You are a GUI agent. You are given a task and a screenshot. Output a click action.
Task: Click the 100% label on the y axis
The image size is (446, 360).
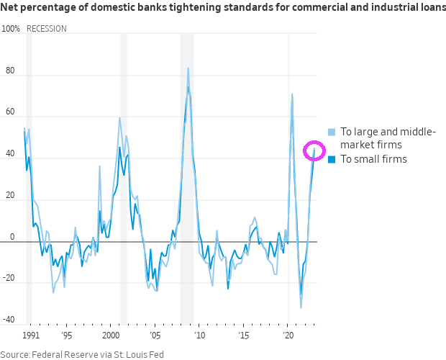click(11, 29)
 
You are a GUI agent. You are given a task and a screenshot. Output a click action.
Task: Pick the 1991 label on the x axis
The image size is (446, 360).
click(31, 336)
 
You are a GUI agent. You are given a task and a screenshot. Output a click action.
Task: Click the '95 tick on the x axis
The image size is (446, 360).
click(66, 336)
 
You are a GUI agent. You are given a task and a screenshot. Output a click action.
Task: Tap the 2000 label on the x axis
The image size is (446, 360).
click(110, 336)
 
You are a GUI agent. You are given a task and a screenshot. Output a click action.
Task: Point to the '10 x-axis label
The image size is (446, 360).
click(199, 336)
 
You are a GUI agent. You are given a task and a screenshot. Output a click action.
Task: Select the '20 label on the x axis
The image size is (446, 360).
click(288, 336)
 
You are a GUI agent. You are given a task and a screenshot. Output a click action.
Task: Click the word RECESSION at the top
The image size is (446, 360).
click(46, 29)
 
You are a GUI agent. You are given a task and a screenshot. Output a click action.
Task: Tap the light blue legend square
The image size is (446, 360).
click(332, 132)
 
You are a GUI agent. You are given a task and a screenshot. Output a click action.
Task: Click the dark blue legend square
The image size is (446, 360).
click(332, 159)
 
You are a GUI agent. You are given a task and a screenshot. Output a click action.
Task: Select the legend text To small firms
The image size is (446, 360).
click(373, 159)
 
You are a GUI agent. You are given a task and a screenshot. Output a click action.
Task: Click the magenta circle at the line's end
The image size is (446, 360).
click(314, 151)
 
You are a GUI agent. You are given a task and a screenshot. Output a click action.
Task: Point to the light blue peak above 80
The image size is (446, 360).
click(188, 68)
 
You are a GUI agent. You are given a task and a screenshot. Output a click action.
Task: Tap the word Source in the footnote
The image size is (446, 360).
click(15, 354)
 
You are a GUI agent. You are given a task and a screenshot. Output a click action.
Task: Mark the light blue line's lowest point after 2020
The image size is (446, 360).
click(301, 308)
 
